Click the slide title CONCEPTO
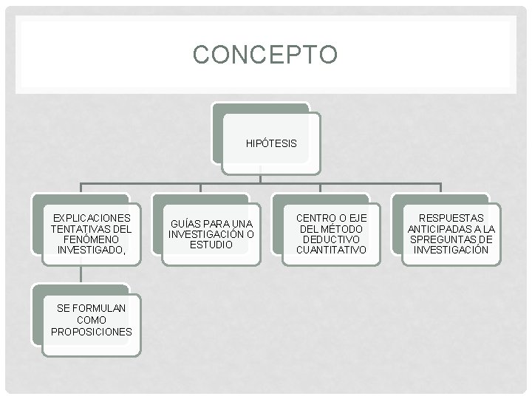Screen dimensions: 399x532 click(x=265, y=55)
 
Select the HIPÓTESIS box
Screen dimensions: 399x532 click(x=271, y=143)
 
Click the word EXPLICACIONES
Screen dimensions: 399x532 click(x=92, y=218)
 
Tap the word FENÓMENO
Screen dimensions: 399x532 click(x=92, y=240)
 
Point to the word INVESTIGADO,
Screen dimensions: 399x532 click(x=92, y=251)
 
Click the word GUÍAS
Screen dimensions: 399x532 click(x=184, y=224)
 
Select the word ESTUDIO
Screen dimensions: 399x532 click(x=211, y=245)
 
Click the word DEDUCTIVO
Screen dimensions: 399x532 click(x=331, y=239)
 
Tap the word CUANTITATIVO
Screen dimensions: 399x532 click(x=331, y=250)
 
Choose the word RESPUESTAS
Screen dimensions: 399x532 click(x=451, y=218)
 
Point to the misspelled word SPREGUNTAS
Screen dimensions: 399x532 click(x=443, y=239)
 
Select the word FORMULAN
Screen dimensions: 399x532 click(x=100, y=307)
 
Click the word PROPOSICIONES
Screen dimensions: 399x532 click(x=92, y=331)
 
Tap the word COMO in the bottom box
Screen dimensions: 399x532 click(x=92, y=319)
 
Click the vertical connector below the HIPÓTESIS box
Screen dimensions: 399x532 click(x=260, y=175)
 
